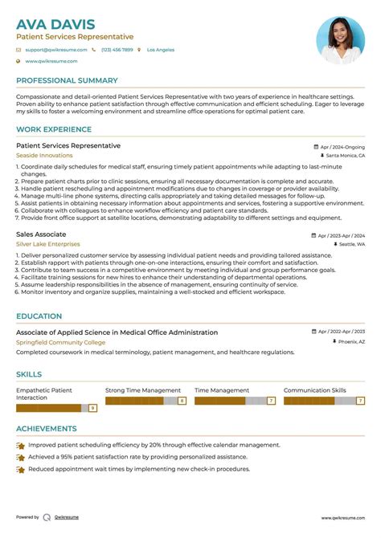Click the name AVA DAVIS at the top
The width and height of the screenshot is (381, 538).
click(55, 24)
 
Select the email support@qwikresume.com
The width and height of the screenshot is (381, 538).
click(55, 50)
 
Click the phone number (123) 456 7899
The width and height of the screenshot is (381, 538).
click(117, 50)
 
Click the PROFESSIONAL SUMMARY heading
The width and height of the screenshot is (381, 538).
click(67, 81)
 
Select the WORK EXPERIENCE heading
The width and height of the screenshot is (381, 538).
click(54, 130)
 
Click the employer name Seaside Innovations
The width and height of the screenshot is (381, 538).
click(44, 155)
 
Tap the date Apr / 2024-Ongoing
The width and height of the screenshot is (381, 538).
click(342, 148)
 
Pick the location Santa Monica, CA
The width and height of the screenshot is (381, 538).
click(345, 155)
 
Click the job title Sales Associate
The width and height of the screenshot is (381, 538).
click(41, 234)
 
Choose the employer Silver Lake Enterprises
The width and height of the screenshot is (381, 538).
click(48, 243)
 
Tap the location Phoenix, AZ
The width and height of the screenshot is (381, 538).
click(351, 341)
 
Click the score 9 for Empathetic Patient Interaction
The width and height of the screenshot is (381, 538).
click(92, 409)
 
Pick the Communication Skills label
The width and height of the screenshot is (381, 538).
click(315, 390)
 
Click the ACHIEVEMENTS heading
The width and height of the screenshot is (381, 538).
click(47, 429)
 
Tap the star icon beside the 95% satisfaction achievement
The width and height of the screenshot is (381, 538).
click(21, 456)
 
